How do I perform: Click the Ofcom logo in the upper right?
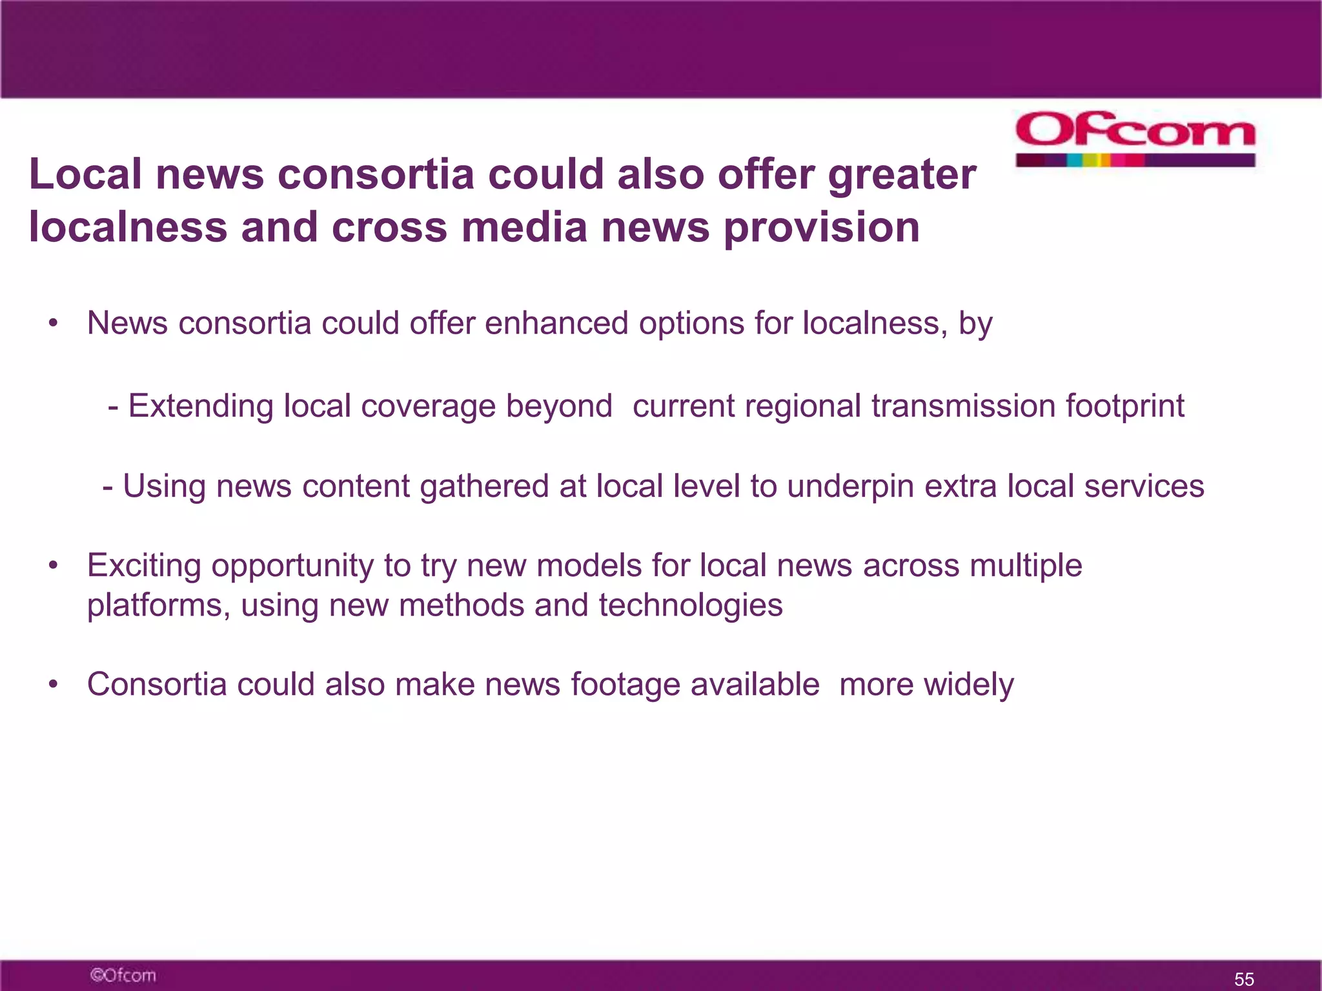point(1135,138)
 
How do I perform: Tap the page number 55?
point(1244,979)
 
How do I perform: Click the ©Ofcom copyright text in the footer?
point(123,975)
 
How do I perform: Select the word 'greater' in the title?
point(902,175)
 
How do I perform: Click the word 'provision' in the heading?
point(821,228)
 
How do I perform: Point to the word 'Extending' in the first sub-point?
point(201,406)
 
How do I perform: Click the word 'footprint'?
point(1124,406)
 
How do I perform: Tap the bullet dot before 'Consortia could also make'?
point(54,685)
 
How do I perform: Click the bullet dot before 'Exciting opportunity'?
point(54,566)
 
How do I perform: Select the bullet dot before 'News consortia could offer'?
point(54,323)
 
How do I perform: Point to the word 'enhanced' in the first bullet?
point(556,323)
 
